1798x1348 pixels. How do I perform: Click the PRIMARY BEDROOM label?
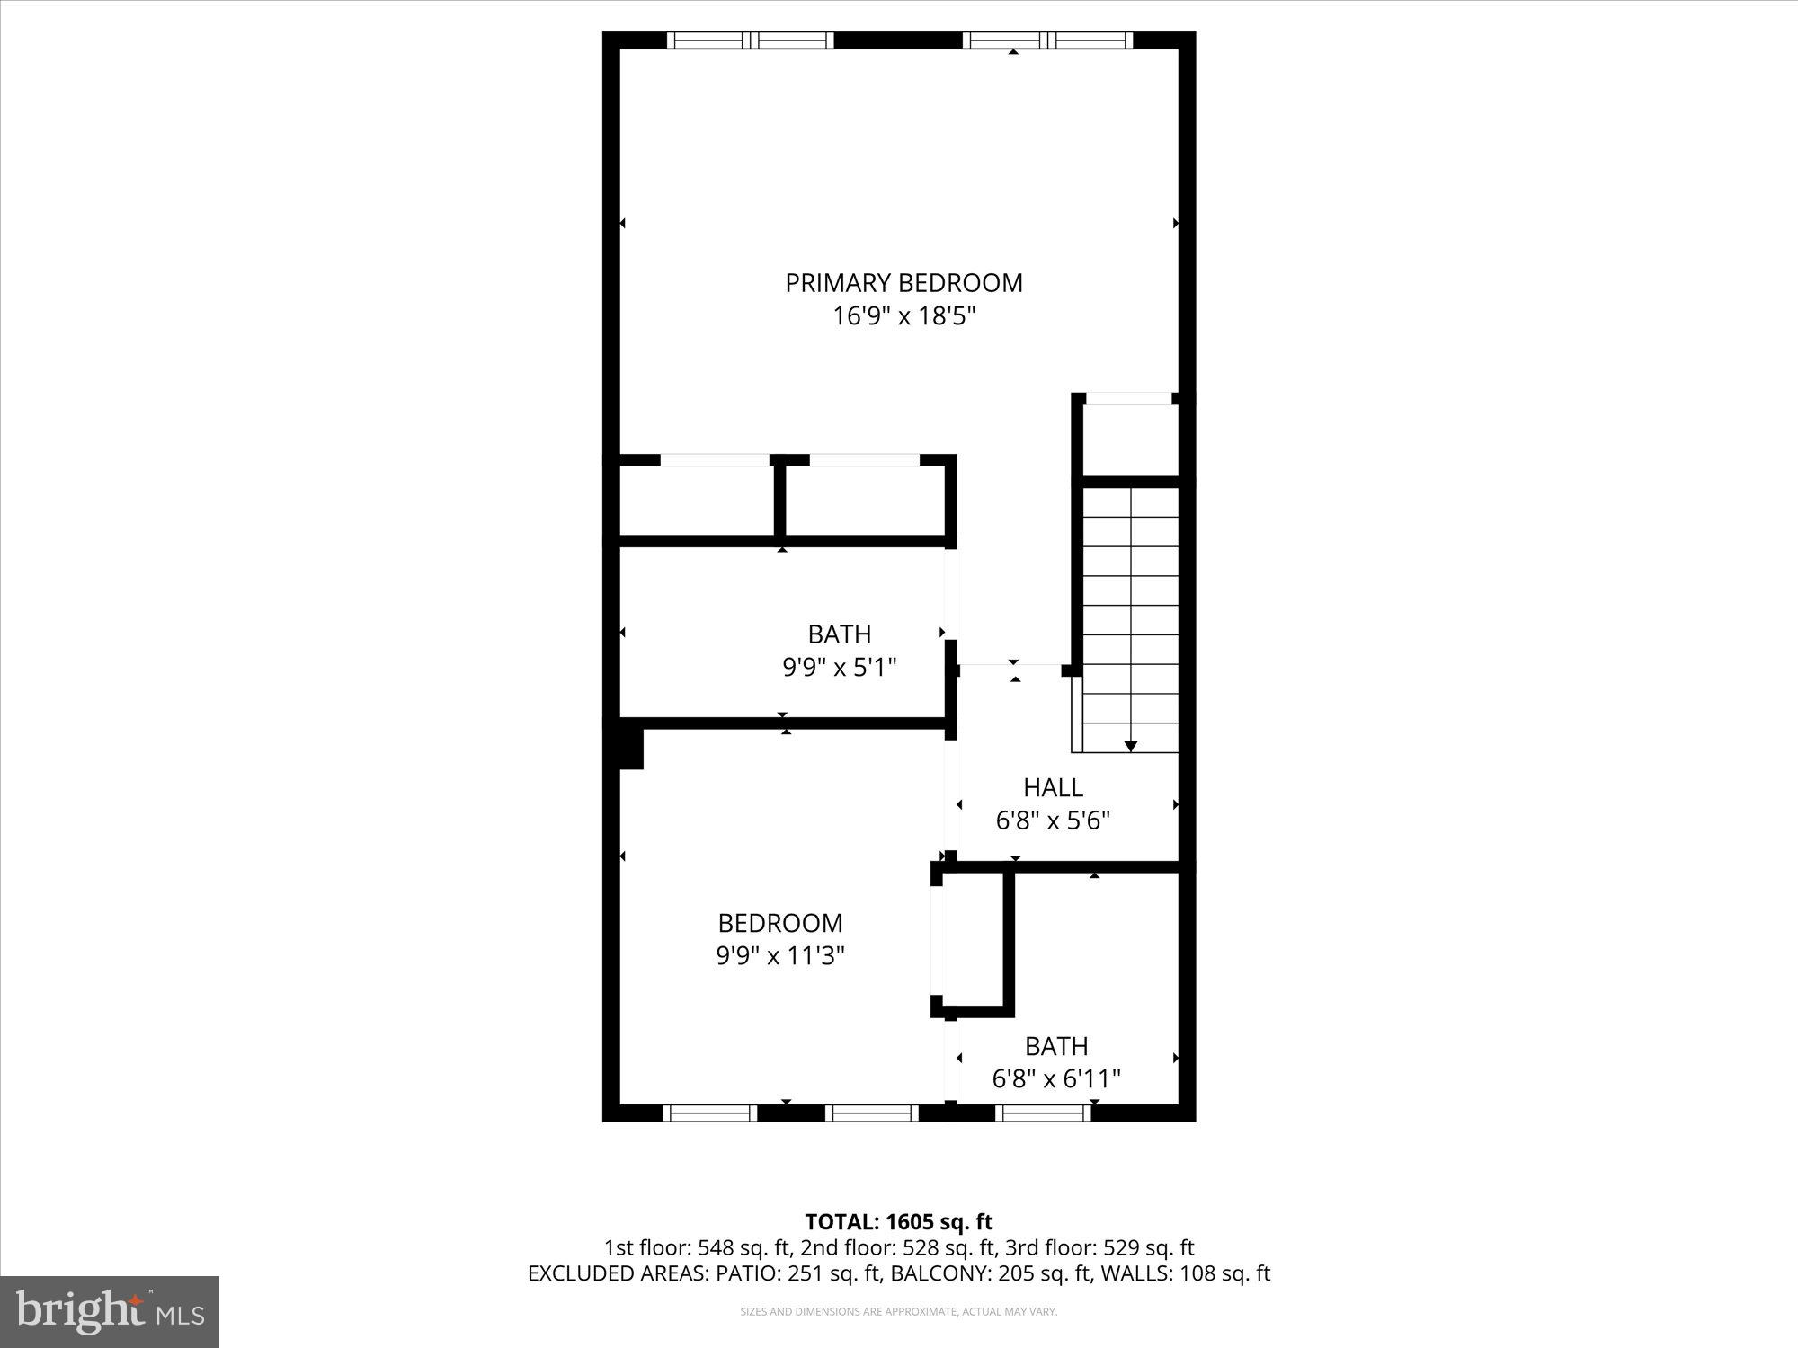[903, 283]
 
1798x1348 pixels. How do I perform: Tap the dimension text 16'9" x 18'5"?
[903, 316]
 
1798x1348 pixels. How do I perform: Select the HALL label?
[1053, 788]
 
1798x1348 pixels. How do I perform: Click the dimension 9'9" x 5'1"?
[840, 667]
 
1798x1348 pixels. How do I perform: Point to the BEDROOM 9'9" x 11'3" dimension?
[780, 955]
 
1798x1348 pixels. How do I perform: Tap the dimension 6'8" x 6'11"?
[1056, 1078]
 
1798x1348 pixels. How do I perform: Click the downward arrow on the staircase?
[1131, 745]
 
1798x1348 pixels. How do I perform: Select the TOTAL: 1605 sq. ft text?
[898, 1222]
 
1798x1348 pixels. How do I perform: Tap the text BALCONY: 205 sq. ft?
[994, 1273]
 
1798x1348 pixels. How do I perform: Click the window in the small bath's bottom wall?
[1043, 1113]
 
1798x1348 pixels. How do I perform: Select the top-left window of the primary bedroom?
[750, 40]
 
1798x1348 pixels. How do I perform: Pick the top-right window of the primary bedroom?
[1047, 40]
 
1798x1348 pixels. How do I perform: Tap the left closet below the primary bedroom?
[698, 501]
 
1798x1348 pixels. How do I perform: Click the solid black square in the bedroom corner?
[631, 749]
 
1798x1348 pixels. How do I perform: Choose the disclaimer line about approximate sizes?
[898, 1312]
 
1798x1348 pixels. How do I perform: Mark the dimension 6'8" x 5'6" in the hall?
[1053, 820]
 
